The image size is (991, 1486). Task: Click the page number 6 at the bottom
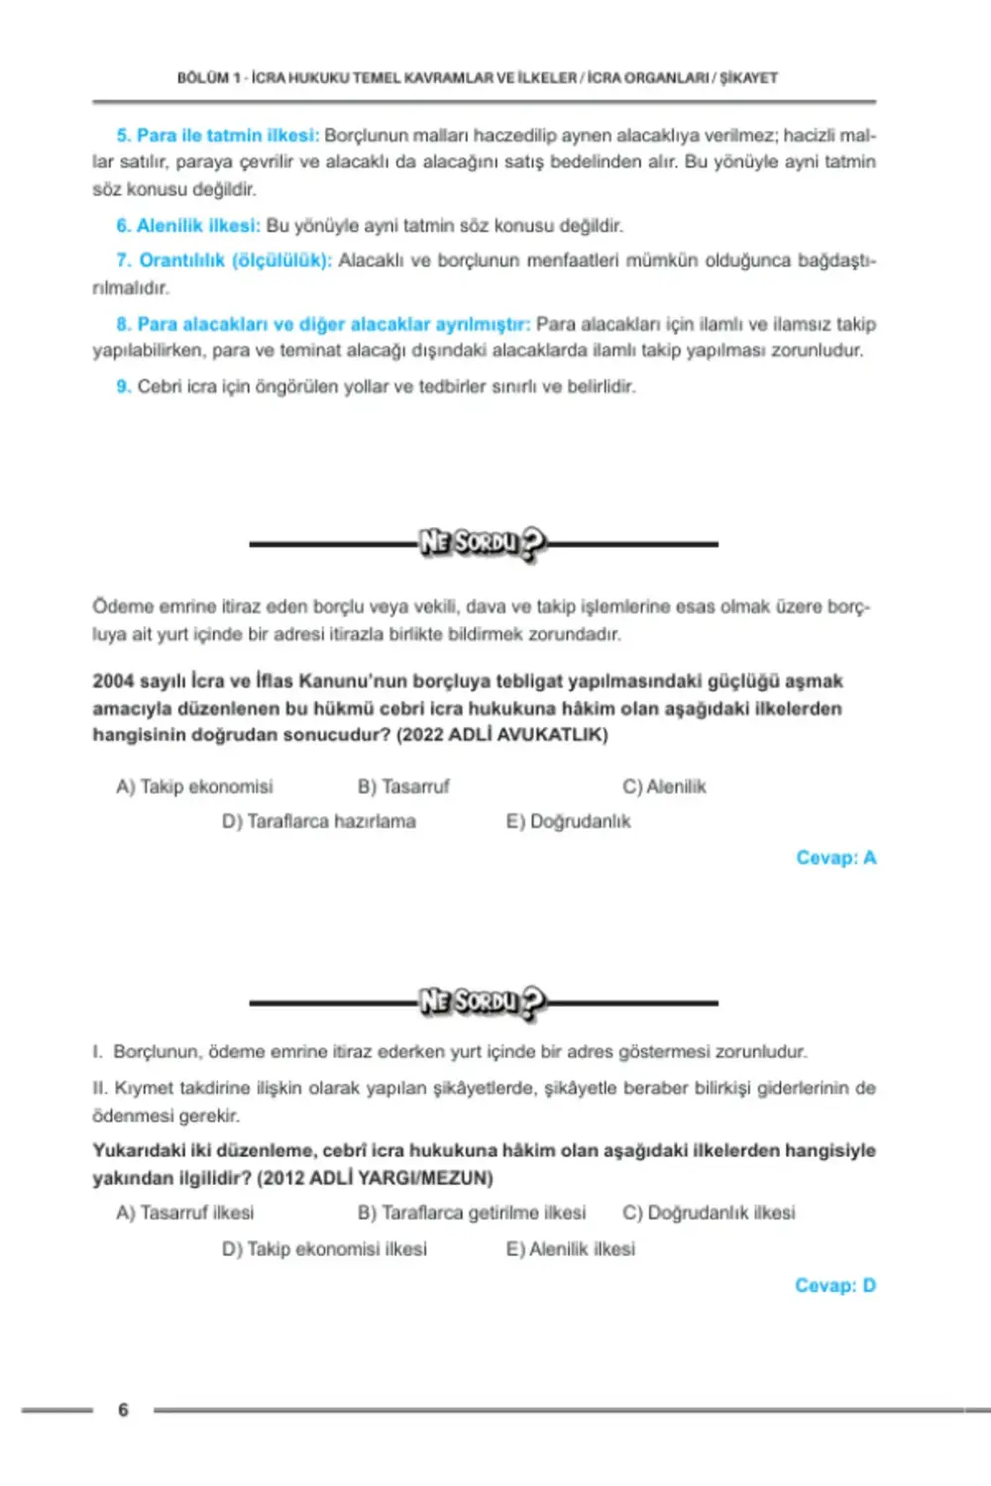(x=123, y=1410)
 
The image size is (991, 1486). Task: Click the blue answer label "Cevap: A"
(x=835, y=858)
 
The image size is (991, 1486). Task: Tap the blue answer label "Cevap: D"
(x=834, y=1286)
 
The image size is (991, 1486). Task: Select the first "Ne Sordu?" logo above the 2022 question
(x=483, y=543)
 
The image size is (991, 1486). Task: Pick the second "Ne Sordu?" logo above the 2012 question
(x=483, y=1002)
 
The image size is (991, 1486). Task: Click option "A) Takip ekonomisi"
(x=194, y=787)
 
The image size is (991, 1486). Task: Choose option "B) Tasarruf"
(x=403, y=787)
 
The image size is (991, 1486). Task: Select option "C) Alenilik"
(x=664, y=787)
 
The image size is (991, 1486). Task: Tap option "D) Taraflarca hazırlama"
(x=319, y=821)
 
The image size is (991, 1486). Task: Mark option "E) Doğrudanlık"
(x=568, y=821)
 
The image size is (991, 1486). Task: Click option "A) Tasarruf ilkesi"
(x=185, y=1213)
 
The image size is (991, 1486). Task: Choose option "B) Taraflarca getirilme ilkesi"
(x=472, y=1213)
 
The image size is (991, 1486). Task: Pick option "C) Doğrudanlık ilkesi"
(x=709, y=1213)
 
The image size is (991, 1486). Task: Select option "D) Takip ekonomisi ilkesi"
(x=325, y=1249)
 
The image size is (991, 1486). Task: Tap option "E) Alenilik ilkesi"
(x=571, y=1249)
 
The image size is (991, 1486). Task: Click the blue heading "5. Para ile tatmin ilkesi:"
(x=218, y=135)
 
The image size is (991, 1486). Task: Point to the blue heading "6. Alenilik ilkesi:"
(x=188, y=226)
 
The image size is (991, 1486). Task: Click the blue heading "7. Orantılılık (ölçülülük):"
(x=224, y=261)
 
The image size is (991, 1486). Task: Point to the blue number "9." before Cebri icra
(x=124, y=386)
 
